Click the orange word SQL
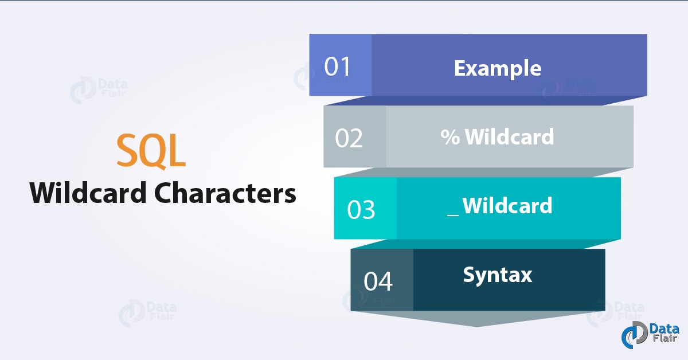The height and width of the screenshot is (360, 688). [151, 151]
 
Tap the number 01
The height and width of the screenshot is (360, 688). [337, 66]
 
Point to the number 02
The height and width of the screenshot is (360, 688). [350, 139]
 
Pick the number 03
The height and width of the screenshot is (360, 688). [361, 210]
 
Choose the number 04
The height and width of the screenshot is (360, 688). [378, 282]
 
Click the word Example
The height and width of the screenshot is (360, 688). [498, 68]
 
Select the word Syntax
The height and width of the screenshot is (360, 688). [498, 275]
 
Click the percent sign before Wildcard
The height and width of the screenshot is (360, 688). [451, 137]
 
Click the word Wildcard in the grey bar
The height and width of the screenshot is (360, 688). [509, 137]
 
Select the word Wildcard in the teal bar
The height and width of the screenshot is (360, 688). [507, 205]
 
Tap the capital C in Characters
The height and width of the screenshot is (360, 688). [166, 193]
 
